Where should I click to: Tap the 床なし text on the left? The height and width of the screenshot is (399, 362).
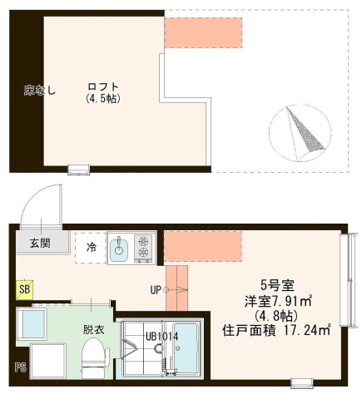coord(38,91)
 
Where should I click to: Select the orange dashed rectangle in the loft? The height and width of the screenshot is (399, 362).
coord(203,31)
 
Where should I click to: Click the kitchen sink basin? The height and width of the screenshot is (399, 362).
coord(119,246)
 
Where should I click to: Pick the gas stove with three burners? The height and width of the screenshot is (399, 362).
coord(143,246)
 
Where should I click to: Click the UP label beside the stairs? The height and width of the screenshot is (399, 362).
coord(156,289)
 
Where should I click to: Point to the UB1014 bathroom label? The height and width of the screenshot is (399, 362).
coord(160,336)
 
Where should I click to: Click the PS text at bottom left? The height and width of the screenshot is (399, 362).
coord(19,367)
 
